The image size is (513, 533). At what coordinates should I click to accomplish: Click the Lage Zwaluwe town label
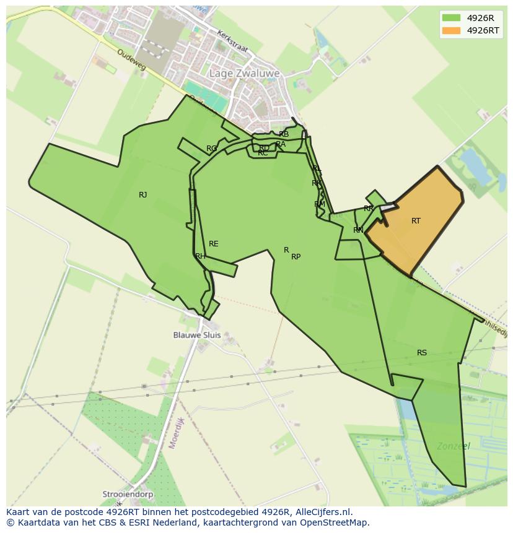pyautogui.click(x=244, y=73)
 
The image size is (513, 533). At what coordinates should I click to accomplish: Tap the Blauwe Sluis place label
pyautogui.click(x=196, y=335)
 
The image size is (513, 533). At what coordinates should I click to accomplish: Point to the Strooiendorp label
pyautogui.click(x=128, y=495)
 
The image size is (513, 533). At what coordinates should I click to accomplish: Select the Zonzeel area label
pyautogui.click(x=453, y=446)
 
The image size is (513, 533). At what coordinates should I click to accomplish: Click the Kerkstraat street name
pyautogui.click(x=232, y=41)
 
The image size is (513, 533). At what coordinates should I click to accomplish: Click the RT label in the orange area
pyautogui.click(x=416, y=221)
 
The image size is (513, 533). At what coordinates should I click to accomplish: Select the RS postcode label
pyautogui.click(x=421, y=353)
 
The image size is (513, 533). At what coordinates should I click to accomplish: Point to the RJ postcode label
pyautogui.click(x=142, y=195)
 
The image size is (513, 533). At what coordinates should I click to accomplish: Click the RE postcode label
pyautogui.click(x=213, y=244)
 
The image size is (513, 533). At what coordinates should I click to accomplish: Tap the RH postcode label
pyautogui.click(x=200, y=256)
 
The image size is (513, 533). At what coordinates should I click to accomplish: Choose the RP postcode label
pyautogui.click(x=296, y=257)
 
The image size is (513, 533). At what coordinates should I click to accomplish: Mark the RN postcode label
pyautogui.click(x=358, y=230)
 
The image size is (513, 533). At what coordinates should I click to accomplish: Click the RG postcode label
pyautogui.click(x=211, y=149)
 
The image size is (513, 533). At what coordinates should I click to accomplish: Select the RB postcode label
pyautogui.click(x=284, y=134)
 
